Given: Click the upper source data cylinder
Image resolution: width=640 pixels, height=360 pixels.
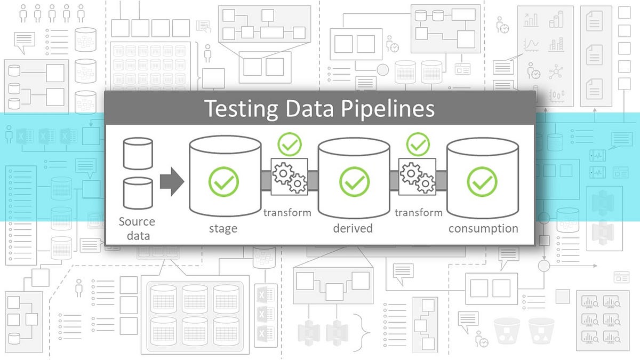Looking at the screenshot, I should tap(138, 153).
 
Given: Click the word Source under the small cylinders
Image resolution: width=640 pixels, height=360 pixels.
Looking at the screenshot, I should tap(137, 221).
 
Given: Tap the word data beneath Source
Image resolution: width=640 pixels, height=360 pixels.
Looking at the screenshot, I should tap(137, 235).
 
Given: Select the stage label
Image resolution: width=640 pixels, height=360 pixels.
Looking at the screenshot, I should tap(223, 229).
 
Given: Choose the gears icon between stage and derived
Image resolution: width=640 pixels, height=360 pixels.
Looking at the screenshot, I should tap(290, 177).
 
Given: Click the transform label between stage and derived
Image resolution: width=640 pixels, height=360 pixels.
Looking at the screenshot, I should tap(287, 213).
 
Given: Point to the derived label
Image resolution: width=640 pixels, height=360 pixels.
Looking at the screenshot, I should tap(353, 229).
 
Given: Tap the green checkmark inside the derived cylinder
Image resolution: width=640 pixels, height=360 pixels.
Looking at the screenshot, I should tap(354, 181).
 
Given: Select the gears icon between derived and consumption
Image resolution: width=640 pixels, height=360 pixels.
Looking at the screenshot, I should tap(418, 177).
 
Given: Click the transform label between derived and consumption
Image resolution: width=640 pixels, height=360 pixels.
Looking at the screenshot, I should tap(419, 213).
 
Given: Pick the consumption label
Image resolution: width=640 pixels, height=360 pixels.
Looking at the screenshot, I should tap(483, 229).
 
